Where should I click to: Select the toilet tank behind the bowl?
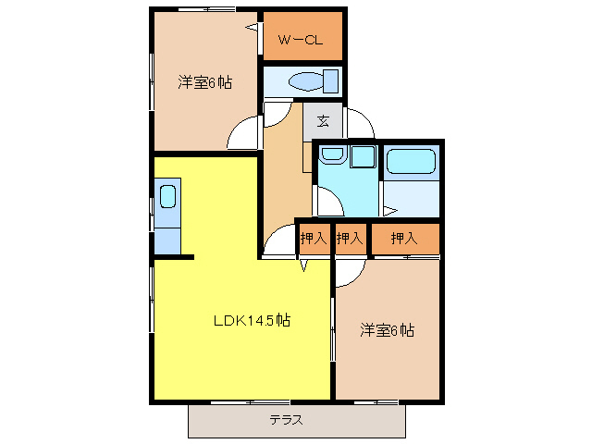[330, 80]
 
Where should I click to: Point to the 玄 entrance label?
[323, 121]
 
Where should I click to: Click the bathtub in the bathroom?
[410, 162]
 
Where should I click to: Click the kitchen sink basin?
[167, 196]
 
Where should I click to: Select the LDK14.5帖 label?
[253, 321]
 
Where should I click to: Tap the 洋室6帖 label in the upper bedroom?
[204, 82]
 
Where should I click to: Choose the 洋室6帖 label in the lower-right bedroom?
[387, 330]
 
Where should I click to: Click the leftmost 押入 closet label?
[314, 239]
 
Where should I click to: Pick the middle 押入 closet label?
[350, 239]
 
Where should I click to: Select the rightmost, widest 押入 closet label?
[404, 239]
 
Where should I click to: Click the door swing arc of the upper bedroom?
[242, 134]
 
